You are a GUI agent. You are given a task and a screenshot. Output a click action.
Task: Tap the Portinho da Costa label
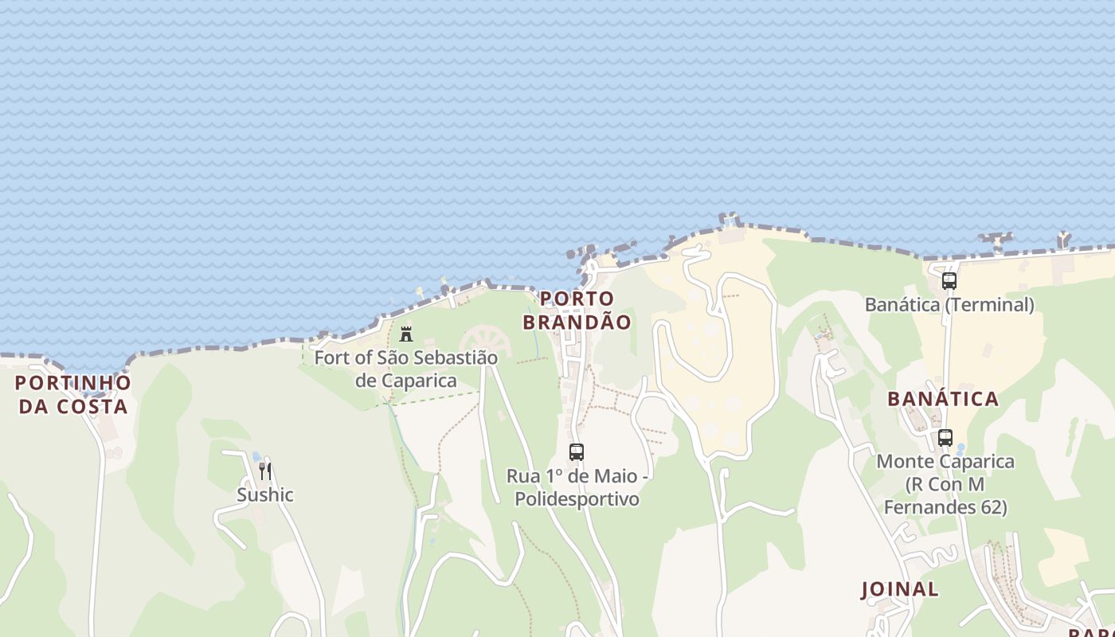coord(72,394)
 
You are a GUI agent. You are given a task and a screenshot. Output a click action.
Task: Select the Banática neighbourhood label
coord(943,399)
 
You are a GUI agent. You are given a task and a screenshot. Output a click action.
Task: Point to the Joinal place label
coord(900,589)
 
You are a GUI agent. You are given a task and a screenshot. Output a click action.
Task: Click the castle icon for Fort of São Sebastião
coord(406,333)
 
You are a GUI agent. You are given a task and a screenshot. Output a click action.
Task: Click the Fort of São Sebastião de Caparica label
coord(405,369)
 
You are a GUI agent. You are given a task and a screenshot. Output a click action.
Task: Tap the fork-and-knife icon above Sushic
coord(265,471)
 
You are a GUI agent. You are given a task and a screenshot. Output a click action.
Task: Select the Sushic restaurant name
coord(265,494)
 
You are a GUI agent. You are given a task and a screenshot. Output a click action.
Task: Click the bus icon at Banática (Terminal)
coord(949,280)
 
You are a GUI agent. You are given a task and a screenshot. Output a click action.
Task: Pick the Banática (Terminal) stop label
coord(949,304)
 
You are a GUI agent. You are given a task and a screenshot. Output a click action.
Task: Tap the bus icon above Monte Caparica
coord(945,437)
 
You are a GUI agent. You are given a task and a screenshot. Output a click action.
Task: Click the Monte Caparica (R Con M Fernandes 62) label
coord(945,484)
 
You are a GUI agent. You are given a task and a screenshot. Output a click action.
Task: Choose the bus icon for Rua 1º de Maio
coord(577,452)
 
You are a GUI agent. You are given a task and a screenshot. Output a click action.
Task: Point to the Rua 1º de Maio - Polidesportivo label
coord(577,487)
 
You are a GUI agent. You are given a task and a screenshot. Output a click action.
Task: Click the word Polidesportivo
coord(577,499)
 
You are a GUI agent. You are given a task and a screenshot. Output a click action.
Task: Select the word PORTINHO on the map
coord(72,383)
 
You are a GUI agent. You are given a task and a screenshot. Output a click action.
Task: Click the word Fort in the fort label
coord(331,358)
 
